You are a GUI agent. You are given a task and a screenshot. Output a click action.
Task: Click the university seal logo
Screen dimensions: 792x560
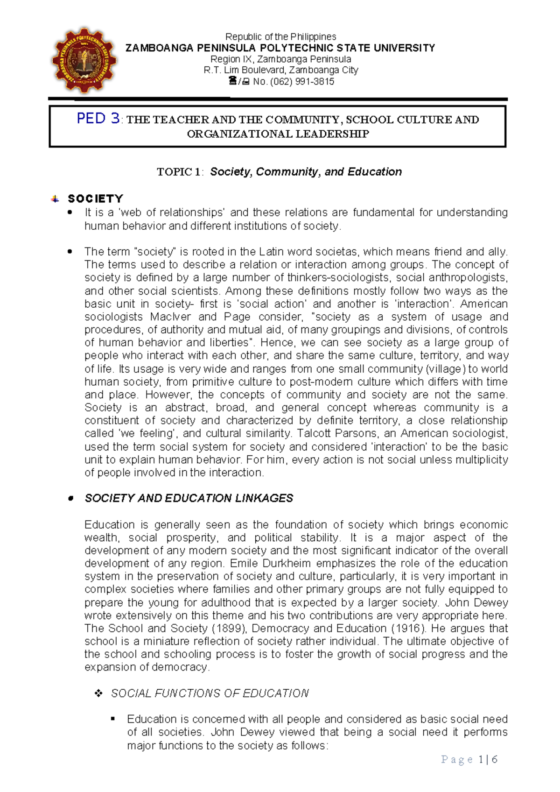(x=84, y=60)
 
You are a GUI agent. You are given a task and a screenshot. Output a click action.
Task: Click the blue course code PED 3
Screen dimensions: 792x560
(x=98, y=119)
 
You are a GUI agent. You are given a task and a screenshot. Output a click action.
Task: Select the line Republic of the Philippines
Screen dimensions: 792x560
(x=280, y=36)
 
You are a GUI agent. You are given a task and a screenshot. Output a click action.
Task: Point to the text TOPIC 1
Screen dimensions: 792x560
(x=180, y=172)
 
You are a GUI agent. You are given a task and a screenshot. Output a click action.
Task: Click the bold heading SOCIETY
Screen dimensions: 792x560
(x=95, y=198)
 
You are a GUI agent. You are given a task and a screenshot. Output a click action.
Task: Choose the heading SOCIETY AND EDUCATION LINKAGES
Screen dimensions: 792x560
(x=189, y=498)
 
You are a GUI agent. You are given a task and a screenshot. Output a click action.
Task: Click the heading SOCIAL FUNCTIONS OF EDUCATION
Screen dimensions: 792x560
(x=210, y=693)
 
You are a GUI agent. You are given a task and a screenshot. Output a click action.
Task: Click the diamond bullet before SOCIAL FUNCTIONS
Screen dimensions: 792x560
(x=98, y=693)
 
